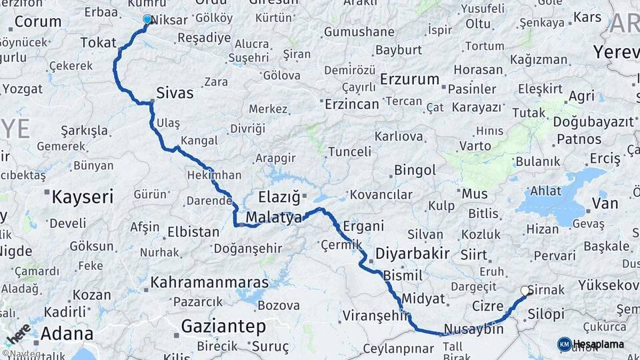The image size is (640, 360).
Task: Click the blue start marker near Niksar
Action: tap(147, 19)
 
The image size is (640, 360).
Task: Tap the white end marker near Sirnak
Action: tap(525, 291)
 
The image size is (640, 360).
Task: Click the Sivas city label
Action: tap(175, 93)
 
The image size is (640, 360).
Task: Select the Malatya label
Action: tap(273, 217)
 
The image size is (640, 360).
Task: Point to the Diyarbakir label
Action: tap(412, 254)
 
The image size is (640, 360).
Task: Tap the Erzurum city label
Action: tap(410, 79)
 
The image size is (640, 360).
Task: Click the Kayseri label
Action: tap(83, 197)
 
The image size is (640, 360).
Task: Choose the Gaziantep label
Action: tap(223, 327)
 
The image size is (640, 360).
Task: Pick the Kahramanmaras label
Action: tap(210, 283)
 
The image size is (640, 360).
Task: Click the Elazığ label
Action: tap(279, 197)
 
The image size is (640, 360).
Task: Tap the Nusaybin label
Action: tap(473, 329)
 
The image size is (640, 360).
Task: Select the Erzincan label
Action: tap(351, 104)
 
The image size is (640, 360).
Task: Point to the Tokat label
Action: tap(98, 43)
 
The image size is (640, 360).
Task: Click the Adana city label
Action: tap(67, 333)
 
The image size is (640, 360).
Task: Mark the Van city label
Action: tap(605, 203)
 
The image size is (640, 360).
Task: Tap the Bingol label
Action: tap(415, 170)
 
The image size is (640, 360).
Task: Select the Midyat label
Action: tap(423, 298)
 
